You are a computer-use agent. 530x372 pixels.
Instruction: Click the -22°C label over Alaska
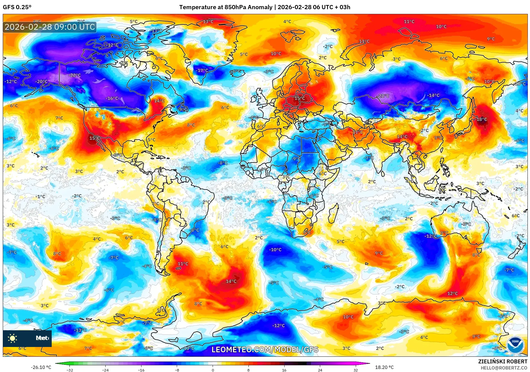(75, 75)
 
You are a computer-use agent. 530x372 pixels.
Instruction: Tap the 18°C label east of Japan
(482, 119)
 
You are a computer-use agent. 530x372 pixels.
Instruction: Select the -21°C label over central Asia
(384, 96)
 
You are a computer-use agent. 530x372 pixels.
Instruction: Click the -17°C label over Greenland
(202, 70)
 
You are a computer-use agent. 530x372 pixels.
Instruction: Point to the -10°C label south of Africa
(275, 250)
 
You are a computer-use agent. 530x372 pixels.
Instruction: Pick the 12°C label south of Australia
(452, 293)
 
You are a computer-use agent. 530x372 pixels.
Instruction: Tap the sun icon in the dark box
(13, 338)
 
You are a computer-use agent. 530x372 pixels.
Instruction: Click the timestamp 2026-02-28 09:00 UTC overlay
(50, 27)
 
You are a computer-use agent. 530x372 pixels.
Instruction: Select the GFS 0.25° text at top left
(17, 7)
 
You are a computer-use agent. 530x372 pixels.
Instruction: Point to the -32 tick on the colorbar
(70, 370)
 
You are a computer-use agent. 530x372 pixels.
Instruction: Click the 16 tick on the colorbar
(284, 370)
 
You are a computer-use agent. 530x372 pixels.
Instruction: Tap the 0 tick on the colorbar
(213, 370)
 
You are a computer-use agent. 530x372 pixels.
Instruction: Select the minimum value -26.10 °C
(41, 367)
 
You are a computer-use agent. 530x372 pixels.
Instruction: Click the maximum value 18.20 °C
(384, 367)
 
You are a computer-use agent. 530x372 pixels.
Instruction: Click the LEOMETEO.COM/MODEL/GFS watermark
(265, 349)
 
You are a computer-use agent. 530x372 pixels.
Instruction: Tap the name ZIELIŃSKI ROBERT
(502, 361)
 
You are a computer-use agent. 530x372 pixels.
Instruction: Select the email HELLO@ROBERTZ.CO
(504, 368)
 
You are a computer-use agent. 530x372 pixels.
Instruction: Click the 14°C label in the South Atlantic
(231, 281)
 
